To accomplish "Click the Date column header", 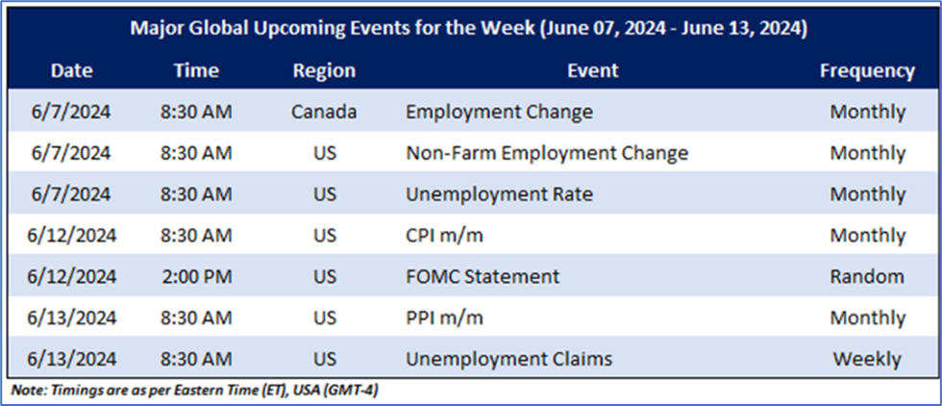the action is (x=72, y=71).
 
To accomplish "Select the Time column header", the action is (x=196, y=71).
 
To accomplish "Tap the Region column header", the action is (x=325, y=71).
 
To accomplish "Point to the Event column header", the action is (x=593, y=71).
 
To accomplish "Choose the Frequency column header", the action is (x=867, y=71).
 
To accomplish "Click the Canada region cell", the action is (x=325, y=112).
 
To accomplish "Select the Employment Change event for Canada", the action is (x=499, y=112).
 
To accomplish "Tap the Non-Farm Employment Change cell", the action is (x=547, y=153).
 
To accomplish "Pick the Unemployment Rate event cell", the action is (x=499, y=195).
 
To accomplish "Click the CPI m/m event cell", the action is (x=444, y=236).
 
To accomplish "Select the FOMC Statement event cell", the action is (x=483, y=277).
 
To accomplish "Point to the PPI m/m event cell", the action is (x=444, y=317).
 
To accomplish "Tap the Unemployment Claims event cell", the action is (x=509, y=359).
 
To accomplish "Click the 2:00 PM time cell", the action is (x=196, y=277).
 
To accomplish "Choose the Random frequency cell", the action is (x=867, y=277).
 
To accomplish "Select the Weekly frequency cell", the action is (x=867, y=359).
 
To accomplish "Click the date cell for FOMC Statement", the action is (x=72, y=277).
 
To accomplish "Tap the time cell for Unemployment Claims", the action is (x=196, y=359).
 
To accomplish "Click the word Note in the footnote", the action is (x=25, y=390).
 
